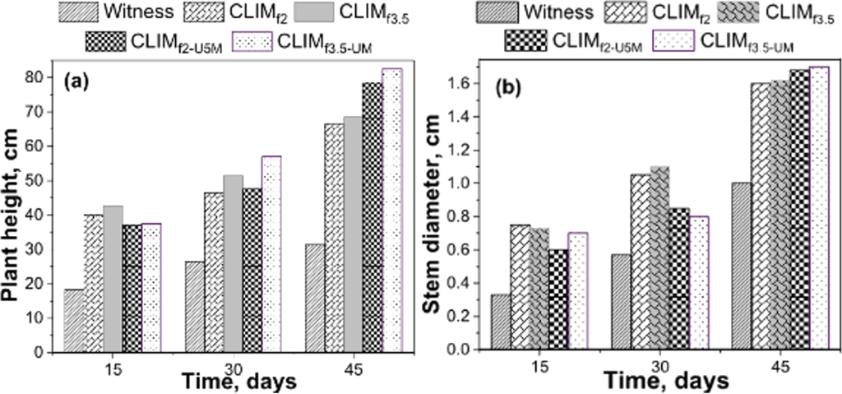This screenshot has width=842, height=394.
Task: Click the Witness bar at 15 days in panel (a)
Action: pos(74,321)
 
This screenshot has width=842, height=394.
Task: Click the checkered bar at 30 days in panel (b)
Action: pos(678,279)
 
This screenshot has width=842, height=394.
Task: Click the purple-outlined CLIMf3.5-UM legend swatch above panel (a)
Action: pos(257,40)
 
